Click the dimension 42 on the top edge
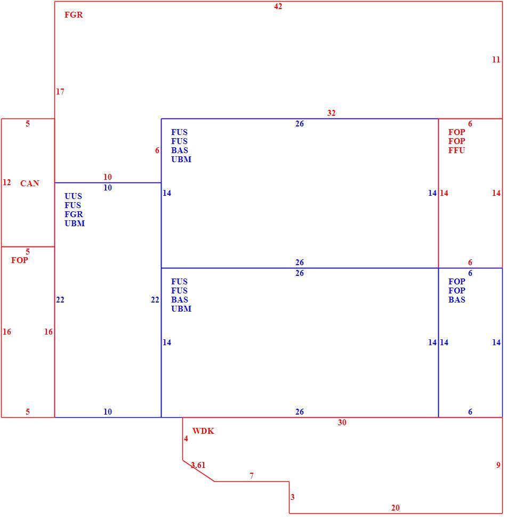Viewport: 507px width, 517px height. pyautogui.click(x=278, y=6)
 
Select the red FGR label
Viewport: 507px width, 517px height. pyautogui.click(x=74, y=15)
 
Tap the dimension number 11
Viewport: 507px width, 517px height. pyautogui.click(x=496, y=60)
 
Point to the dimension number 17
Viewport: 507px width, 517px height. pyautogui.click(x=60, y=92)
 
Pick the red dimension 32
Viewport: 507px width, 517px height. pyautogui.click(x=331, y=113)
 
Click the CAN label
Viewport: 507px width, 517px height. pyautogui.click(x=30, y=184)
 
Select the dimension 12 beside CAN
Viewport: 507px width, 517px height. pyautogui.click(x=6, y=182)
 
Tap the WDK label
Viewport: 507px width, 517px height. pyautogui.click(x=203, y=431)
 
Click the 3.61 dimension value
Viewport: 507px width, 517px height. pyautogui.click(x=198, y=465)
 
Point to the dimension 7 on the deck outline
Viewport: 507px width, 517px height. pyautogui.click(x=252, y=476)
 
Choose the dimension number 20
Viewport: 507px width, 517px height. pyautogui.click(x=396, y=508)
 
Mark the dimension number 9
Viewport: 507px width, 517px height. pyautogui.click(x=498, y=465)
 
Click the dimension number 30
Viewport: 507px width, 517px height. pyautogui.click(x=342, y=423)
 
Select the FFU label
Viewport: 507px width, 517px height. pyautogui.click(x=456, y=150)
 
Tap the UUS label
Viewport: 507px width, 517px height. pyautogui.click(x=73, y=196)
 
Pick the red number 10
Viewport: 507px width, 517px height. pyautogui.click(x=107, y=177)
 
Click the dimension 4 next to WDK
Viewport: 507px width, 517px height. pyautogui.click(x=186, y=439)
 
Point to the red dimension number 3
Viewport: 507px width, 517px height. pyautogui.click(x=293, y=497)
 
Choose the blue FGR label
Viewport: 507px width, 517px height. pyautogui.click(x=74, y=214)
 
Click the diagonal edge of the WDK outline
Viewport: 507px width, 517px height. pyautogui.click(x=199, y=471)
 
